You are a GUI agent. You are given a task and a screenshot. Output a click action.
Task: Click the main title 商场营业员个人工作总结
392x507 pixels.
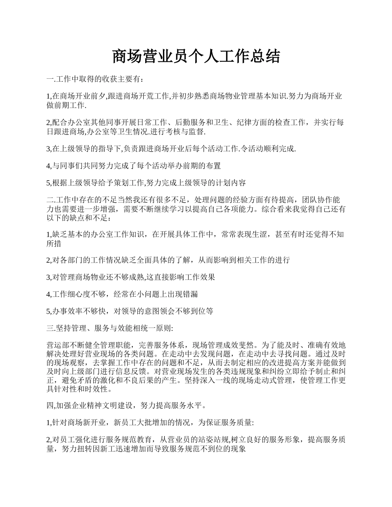click(x=196, y=56)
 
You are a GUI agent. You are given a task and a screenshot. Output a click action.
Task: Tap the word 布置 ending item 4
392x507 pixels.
click(x=214, y=166)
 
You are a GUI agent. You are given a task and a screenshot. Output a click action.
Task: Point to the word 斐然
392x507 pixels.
click(x=247, y=345)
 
